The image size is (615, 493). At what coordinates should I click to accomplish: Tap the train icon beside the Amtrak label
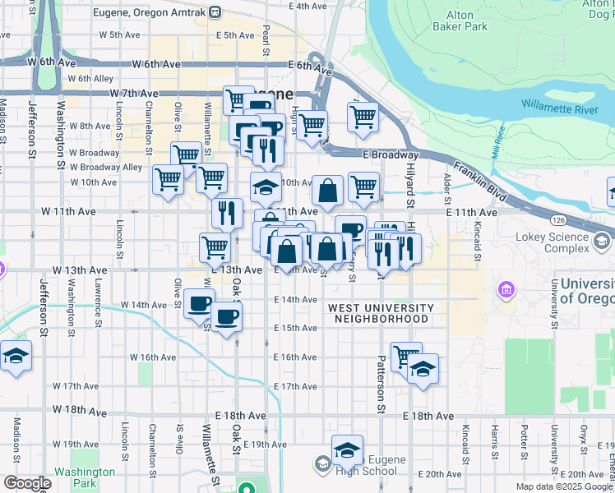(215, 12)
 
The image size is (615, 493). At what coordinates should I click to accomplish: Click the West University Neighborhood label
(378, 313)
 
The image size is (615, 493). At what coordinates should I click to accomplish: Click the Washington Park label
(85, 477)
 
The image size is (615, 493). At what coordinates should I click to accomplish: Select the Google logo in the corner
(26, 483)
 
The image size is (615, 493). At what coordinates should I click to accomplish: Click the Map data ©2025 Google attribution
(564, 486)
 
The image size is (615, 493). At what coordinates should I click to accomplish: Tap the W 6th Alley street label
(90, 79)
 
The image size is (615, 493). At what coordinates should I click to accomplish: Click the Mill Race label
(497, 149)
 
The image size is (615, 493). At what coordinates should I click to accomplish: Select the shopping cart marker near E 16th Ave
(405, 357)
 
